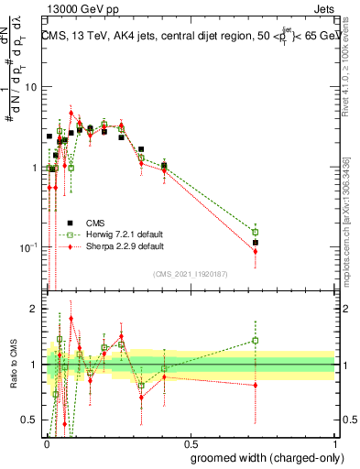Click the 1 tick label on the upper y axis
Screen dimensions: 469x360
click(x=34, y=168)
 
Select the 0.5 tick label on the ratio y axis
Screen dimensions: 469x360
click(x=30, y=420)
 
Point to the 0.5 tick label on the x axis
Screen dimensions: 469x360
click(x=191, y=442)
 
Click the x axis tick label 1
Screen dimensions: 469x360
click(x=336, y=442)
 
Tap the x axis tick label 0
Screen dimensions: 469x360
click(x=46, y=442)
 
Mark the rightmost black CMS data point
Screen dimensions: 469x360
click(x=256, y=243)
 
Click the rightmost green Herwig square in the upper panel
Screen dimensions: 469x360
click(x=256, y=232)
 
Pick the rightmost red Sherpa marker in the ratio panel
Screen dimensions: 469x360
click(x=256, y=385)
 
